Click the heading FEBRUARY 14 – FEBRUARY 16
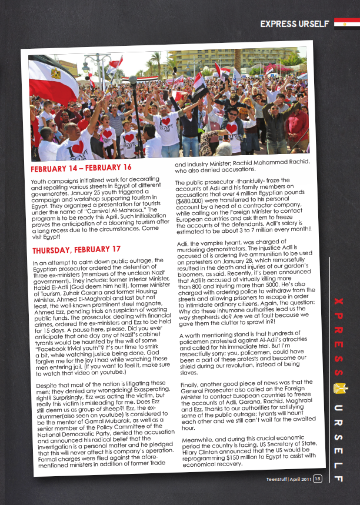[x=81, y=169]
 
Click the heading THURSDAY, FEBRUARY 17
[x=76, y=249]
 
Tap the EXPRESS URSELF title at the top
[x=295, y=24]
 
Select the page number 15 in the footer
[x=318, y=479]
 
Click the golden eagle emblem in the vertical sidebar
[x=338, y=389]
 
